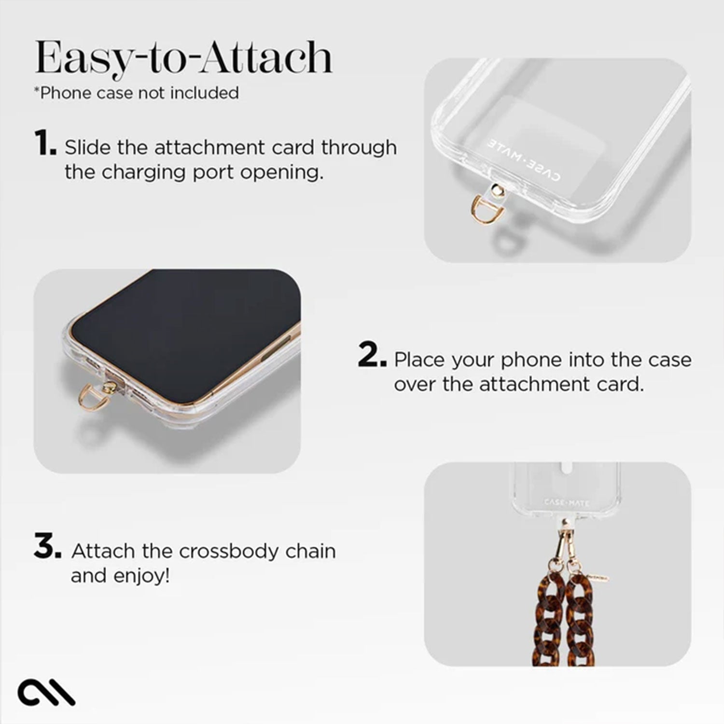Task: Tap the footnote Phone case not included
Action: coord(137,93)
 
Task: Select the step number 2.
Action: coord(372,357)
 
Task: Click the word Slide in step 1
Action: coord(88,147)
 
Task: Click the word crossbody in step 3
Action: coord(229,551)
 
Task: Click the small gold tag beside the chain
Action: coord(597,577)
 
